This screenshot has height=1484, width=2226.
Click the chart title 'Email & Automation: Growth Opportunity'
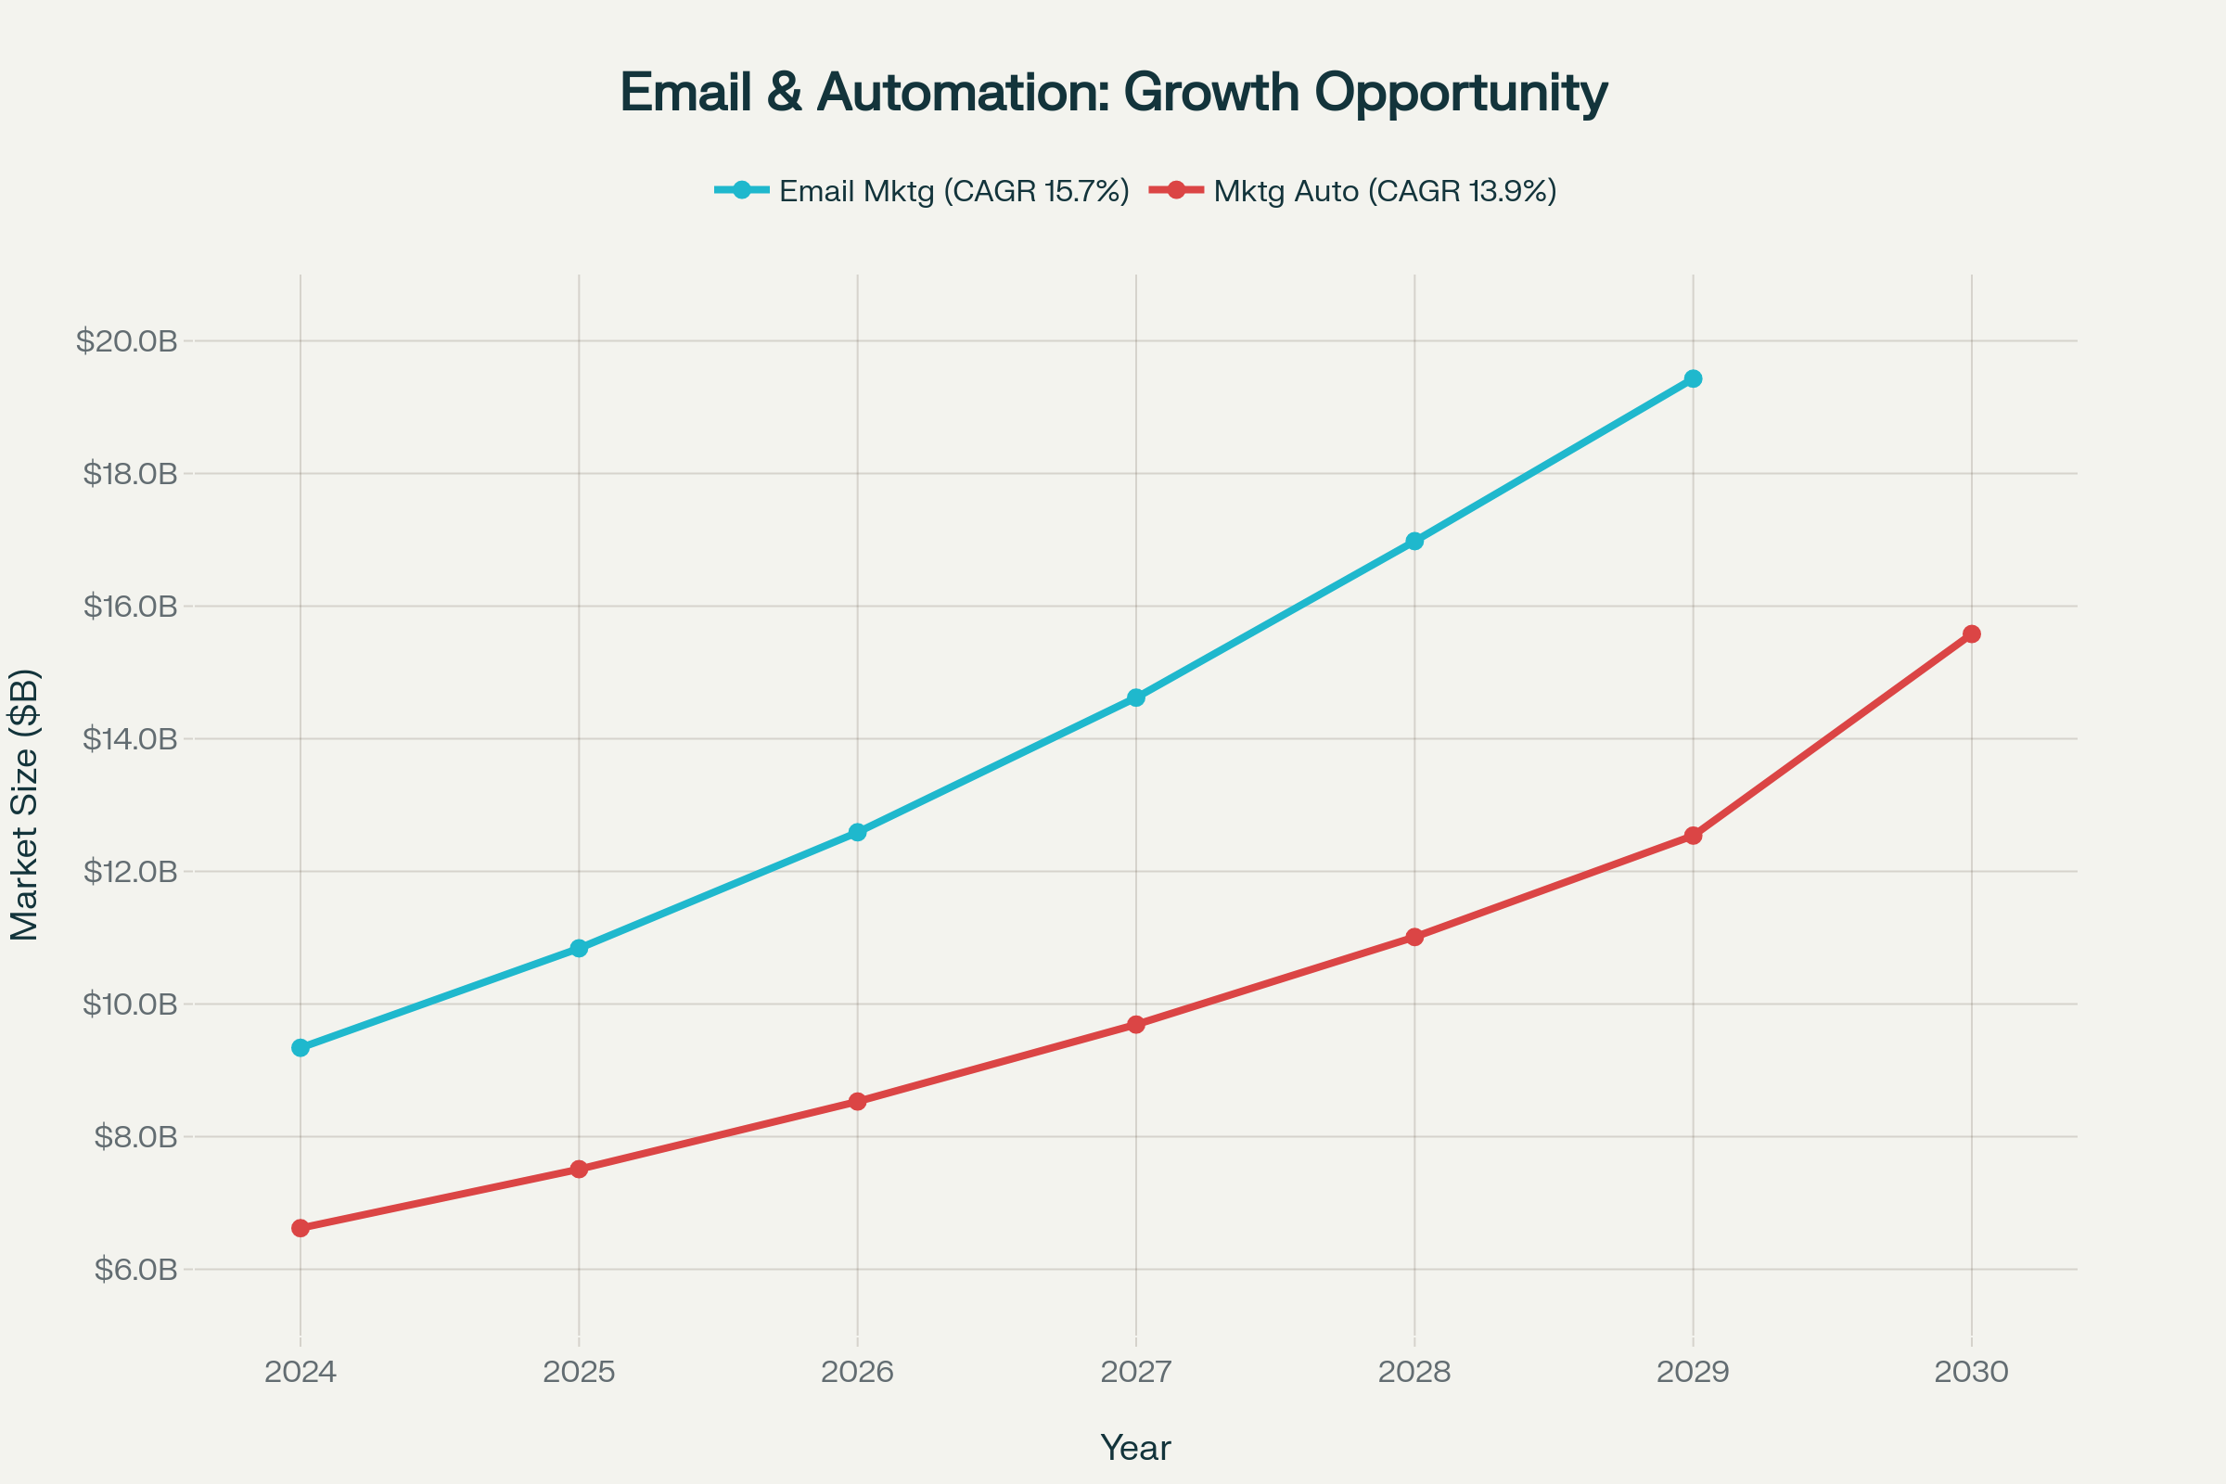pyautogui.click(x=1113, y=93)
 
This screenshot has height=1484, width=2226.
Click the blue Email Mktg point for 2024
pyautogui.click(x=301, y=1048)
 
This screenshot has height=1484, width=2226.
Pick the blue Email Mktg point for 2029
pyautogui.click(x=1694, y=378)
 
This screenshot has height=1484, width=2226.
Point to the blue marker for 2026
pyautogui.click(x=857, y=832)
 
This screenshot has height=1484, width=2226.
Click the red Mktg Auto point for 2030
pyautogui.click(x=1972, y=634)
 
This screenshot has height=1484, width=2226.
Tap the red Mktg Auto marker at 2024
pyautogui.click(x=301, y=1228)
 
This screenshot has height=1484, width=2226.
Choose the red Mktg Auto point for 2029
pyautogui.click(x=1694, y=836)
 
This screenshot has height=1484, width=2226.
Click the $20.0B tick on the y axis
pyautogui.click(x=127, y=340)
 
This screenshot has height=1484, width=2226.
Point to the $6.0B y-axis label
pyautogui.click(x=135, y=1269)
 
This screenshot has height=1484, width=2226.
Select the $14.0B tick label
pyautogui.click(x=130, y=739)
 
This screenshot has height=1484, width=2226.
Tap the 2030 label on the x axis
pyautogui.click(x=1972, y=1372)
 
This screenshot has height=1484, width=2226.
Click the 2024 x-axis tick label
pyautogui.click(x=301, y=1372)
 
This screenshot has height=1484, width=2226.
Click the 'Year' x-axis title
pyautogui.click(x=1135, y=1448)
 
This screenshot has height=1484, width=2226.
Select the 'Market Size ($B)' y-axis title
pyautogui.click(x=25, y=804)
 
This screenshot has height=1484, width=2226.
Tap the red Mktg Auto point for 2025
pyautogui.click(x=579, y=1169)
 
